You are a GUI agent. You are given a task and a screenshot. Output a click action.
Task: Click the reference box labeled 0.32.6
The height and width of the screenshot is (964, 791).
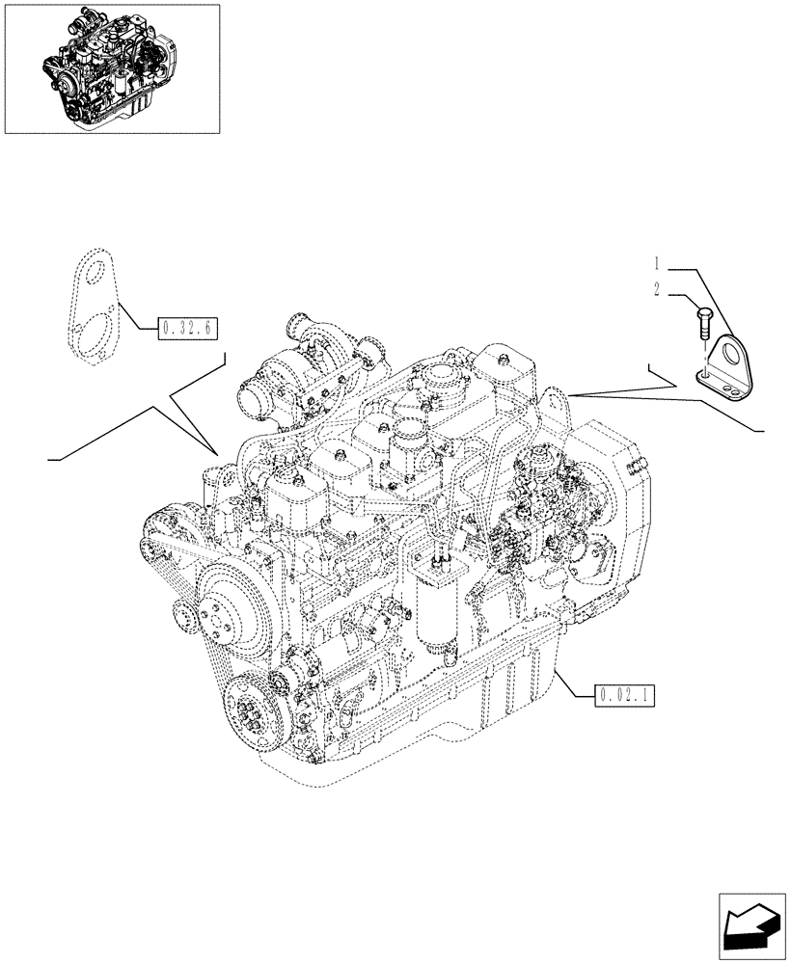pyautogui.click(x=186, y=329)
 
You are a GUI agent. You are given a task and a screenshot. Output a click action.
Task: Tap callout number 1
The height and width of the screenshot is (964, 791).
pyautogui.click(x=656, y=262)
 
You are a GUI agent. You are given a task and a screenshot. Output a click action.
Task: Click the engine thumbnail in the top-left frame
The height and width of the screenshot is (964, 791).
pyautogui.click(x=111, y=67)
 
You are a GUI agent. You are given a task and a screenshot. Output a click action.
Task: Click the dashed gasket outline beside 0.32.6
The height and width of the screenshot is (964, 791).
pyautogui.click(x=96, y=304)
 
